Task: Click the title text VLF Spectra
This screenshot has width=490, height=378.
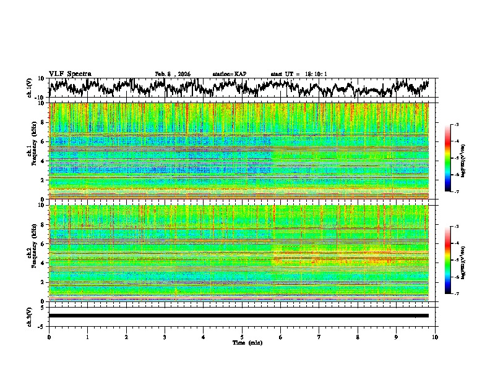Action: tap(70, 73)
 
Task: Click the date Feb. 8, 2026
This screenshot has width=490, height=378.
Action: tap(173, 74)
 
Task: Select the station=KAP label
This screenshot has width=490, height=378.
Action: tap(229, 74)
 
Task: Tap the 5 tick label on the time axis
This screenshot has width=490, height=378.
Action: tap(242, 337)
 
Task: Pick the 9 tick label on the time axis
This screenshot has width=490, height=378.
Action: tap(397, 337)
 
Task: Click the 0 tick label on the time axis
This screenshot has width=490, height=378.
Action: tap(49, 337)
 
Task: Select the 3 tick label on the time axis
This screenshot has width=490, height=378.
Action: tap(165, 337)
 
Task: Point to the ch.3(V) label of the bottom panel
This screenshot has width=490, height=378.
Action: tap(30, 316)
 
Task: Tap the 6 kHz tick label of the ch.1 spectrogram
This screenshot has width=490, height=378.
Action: tap(43, 141)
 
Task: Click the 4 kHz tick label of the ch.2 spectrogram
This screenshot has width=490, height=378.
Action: tap(43, 262)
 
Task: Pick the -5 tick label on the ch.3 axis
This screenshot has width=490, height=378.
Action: tap(41, 325)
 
